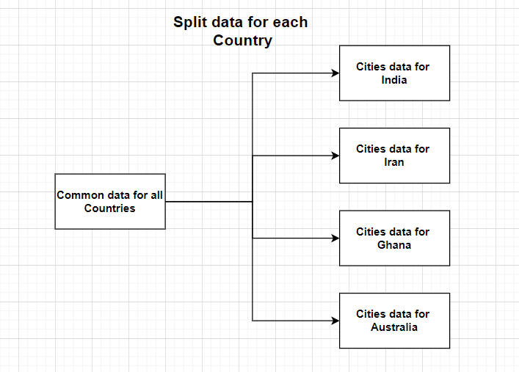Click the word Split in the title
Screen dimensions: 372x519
189,22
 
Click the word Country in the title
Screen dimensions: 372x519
242,40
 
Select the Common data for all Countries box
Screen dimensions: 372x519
110,201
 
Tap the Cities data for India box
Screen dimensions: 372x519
394,73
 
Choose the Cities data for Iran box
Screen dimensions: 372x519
394,155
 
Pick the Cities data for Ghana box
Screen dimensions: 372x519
394,238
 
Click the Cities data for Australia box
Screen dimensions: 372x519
394,320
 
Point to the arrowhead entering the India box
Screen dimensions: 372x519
335,73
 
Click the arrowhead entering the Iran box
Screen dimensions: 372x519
335,156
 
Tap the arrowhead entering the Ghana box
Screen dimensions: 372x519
335,238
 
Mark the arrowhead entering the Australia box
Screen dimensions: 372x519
335,321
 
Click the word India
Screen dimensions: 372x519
394,80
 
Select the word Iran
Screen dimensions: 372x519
393,162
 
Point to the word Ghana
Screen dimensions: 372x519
394,245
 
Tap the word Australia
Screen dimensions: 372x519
394,327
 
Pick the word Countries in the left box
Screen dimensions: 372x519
110,208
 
